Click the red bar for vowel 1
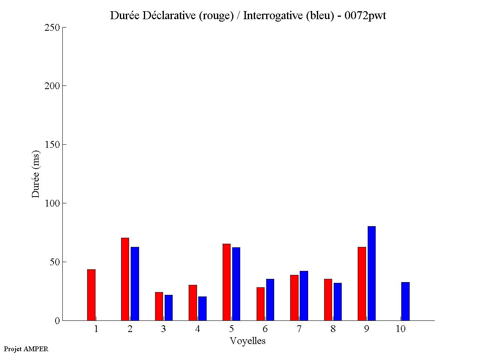point(91,295)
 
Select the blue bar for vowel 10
point(405,301)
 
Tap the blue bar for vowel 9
point(372,273)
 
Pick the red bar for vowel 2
point(125,279)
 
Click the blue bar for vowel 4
point(202,308)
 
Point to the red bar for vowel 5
point(227,282)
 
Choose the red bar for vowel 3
point(159,306)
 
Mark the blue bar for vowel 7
point(304,296)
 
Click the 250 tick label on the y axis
point(52,28)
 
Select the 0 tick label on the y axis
point(57,321)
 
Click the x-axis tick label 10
point(400,329)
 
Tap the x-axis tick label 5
point(231,329)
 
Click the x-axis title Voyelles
point(248,341)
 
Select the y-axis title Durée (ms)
point(36,174)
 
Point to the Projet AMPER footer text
point(26,349)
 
